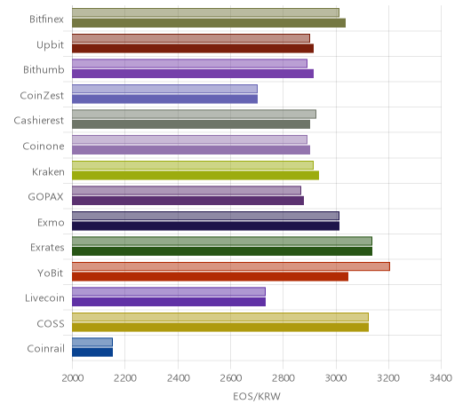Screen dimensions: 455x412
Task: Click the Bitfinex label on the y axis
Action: coord(46,20)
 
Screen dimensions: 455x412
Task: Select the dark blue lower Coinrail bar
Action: coord(92,353)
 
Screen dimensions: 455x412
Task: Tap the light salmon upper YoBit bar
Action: coord(231,266)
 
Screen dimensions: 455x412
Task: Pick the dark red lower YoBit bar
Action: coord(210,277)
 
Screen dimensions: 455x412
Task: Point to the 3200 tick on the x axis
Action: coord(388,378)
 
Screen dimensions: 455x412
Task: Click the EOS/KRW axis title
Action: coord(257,396)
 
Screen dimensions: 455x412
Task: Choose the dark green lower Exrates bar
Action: coord(222,251)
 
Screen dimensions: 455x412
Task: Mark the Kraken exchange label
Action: coord(48,171)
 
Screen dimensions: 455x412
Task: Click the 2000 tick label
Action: coord(73,378)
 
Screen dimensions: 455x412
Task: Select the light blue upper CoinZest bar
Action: coord(164,89)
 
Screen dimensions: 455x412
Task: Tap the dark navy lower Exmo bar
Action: coord(205,226)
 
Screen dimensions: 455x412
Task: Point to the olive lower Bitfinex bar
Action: coord(209,23)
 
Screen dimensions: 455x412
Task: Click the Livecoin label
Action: coord(44,297)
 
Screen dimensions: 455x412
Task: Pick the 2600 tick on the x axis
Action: coord(231,378)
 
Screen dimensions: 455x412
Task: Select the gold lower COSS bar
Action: coord(220,327)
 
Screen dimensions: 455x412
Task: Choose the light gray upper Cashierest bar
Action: coord(194,114)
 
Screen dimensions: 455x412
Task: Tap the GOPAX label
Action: coord(45,197)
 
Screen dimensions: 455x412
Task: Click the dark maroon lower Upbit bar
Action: coord(193,48)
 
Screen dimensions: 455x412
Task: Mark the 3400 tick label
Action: coord(441,378)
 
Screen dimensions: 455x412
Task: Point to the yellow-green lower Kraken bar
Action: coord(196,175)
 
